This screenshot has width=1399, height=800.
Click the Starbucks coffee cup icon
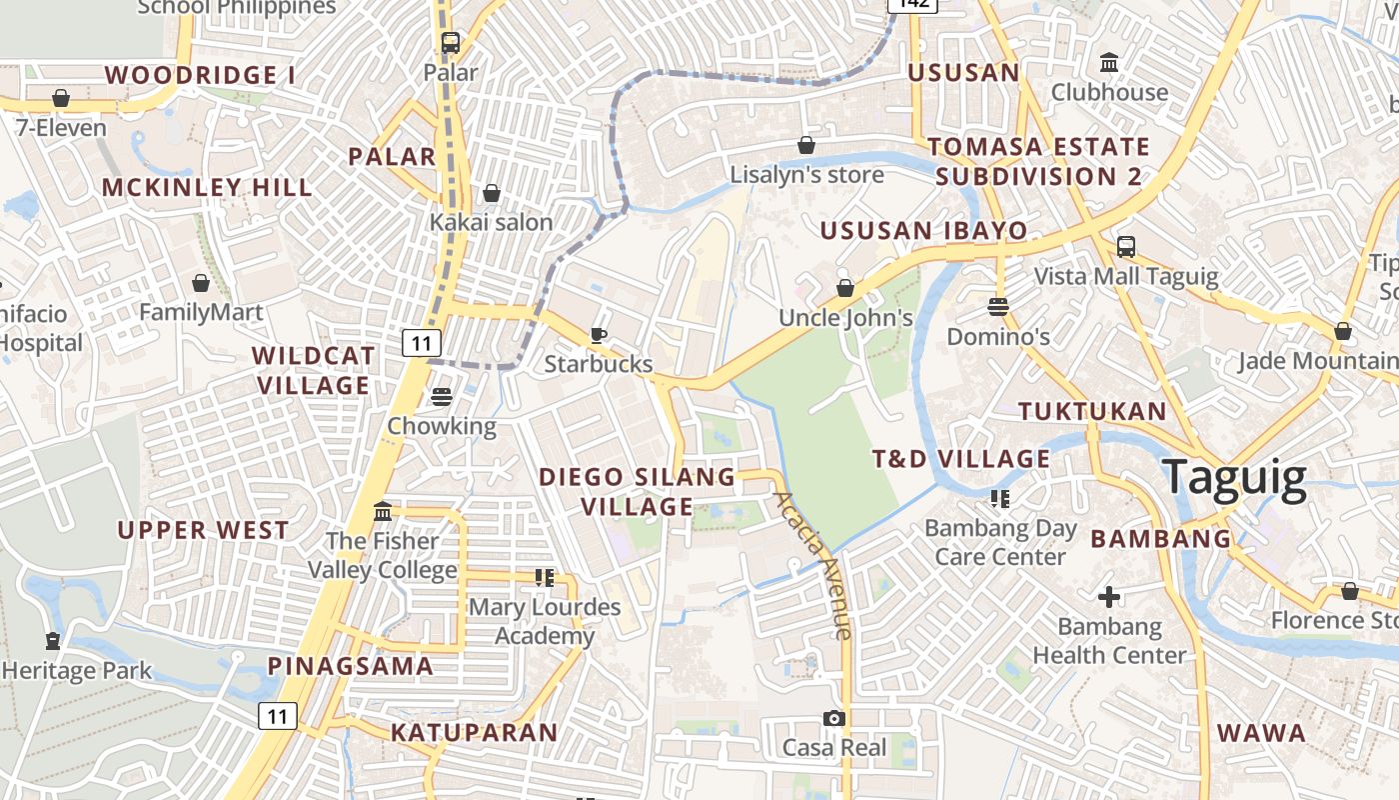pyautogui.click(x=599, y=335)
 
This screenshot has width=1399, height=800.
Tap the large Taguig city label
pyautogui.click(x=1235, y=478)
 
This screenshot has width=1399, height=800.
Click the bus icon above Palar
pyautogui.click(x=451, y=43)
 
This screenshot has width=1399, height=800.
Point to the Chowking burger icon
pyautogui.click(x=442, y=397)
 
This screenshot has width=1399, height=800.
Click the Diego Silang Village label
pyautogui.click(x=638, y=491)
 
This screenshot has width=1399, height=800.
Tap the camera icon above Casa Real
pyautogui.click(x=834, y=718)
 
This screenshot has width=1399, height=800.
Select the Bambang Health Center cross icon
pyautogui.click(x=1109, y=597)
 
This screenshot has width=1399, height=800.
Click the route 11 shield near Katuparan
pyautogui.click(x=278, y=715)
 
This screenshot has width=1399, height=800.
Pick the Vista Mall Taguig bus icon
pyautogui.click(x=1126, y=246)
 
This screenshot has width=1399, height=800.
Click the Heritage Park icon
pyautogui.click(x=52, y=640)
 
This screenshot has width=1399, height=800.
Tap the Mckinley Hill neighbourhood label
pyautogui.click(x=207, y=187)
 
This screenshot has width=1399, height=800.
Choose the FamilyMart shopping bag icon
pyautogui.click(x=201, y=283)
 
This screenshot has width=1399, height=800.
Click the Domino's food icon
pyautogui.click(x=997, y=307)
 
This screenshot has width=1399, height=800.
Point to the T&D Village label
pyautogui.click(x=961, y=459)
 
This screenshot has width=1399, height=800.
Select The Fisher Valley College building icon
pyautogui.click(x=383, y=512)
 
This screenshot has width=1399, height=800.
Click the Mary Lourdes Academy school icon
pyautogui.click(x=545, y=577)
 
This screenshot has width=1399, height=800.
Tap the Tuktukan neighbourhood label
pyautogui.click(x=1092, y=411)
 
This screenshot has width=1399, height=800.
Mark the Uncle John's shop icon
pyautogui.click(x=845, y=288)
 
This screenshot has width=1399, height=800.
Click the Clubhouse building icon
pyautogui.click(x=1109, y=63)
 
